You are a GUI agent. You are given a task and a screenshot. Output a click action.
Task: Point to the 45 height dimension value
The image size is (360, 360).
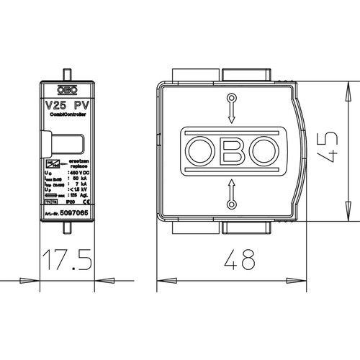pyautogui.click(x=330, y=148)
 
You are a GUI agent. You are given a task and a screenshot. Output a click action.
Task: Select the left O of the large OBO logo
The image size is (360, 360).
pyautogui.click(x=199, y=150)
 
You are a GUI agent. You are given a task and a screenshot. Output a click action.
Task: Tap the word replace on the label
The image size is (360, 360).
pyautogui.click(x=78, y=166)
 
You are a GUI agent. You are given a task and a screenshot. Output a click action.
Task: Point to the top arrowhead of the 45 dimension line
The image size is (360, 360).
pyautogui.click(x=349, y=86)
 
